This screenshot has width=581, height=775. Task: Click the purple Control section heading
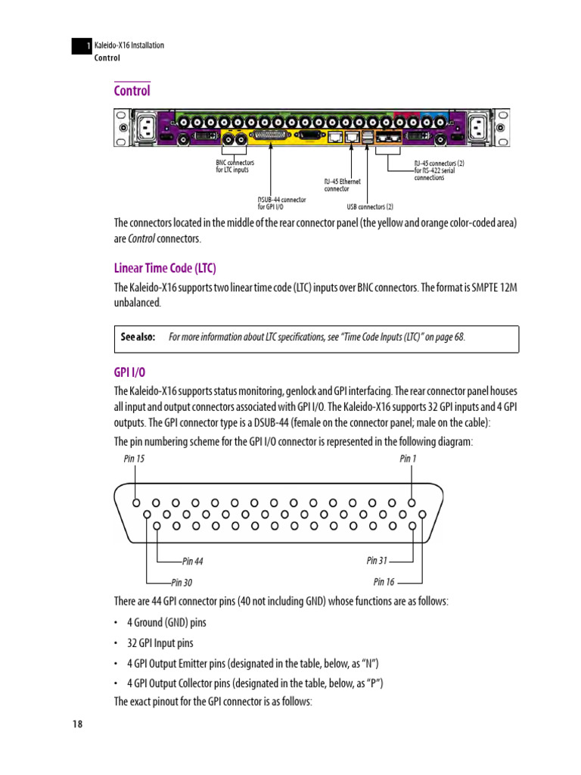(132, 91)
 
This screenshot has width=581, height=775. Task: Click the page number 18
(77, 724)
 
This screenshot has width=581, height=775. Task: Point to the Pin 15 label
(134, 459)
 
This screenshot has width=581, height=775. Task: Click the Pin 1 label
(408, 459)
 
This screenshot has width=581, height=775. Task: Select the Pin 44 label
(193, 562)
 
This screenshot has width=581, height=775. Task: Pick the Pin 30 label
(182, 582)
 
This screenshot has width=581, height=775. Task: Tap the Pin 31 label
(377, 561)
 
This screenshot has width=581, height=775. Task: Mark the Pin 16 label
(384, 582)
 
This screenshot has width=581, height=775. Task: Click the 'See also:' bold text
(137, 338)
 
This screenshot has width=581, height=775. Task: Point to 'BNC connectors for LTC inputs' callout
(235, 166)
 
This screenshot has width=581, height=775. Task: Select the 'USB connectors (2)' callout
(370, 206)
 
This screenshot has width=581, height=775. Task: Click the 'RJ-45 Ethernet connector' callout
(343, 185)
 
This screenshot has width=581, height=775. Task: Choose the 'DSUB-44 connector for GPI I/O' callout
(281, 203)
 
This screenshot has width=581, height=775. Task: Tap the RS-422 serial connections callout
(439, 170)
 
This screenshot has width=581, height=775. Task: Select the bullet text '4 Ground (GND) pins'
(166, 623)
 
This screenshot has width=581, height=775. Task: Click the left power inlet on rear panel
(145, 126)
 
